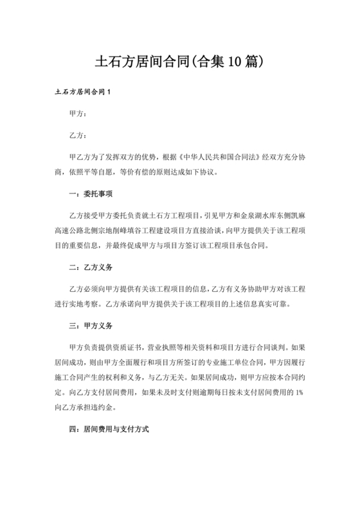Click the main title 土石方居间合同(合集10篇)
point(180,62)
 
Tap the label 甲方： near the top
point(77,114)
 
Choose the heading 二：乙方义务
point(91,266)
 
